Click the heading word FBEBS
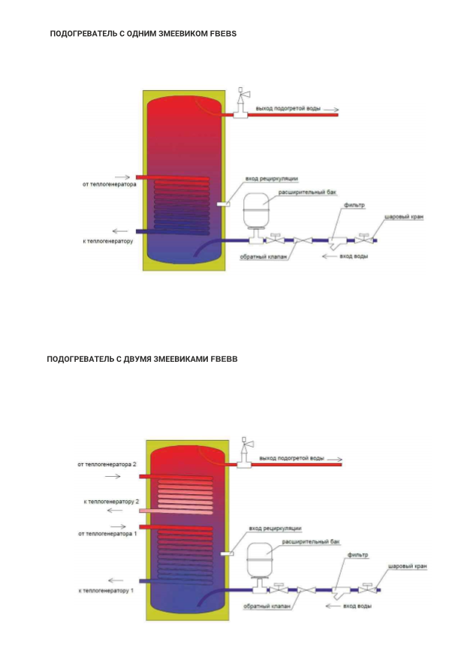click(223, 34)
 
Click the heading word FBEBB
click(224, 360)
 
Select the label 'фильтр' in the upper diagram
click(354, 206)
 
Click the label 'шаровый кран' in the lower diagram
click(408, 566)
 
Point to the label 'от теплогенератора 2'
click(107, 464)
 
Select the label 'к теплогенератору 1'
click(106, 590)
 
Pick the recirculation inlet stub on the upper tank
click(224, 204)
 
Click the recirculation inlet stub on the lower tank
click(227, 553)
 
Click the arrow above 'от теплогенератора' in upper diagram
click(122, 178)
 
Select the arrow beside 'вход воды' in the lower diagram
click(333, 606)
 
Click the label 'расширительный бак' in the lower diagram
click(311, 541)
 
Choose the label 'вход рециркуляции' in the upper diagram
click(272, 179)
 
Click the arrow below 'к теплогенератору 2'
click(115, 511)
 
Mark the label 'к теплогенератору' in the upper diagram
click(108, 241)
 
